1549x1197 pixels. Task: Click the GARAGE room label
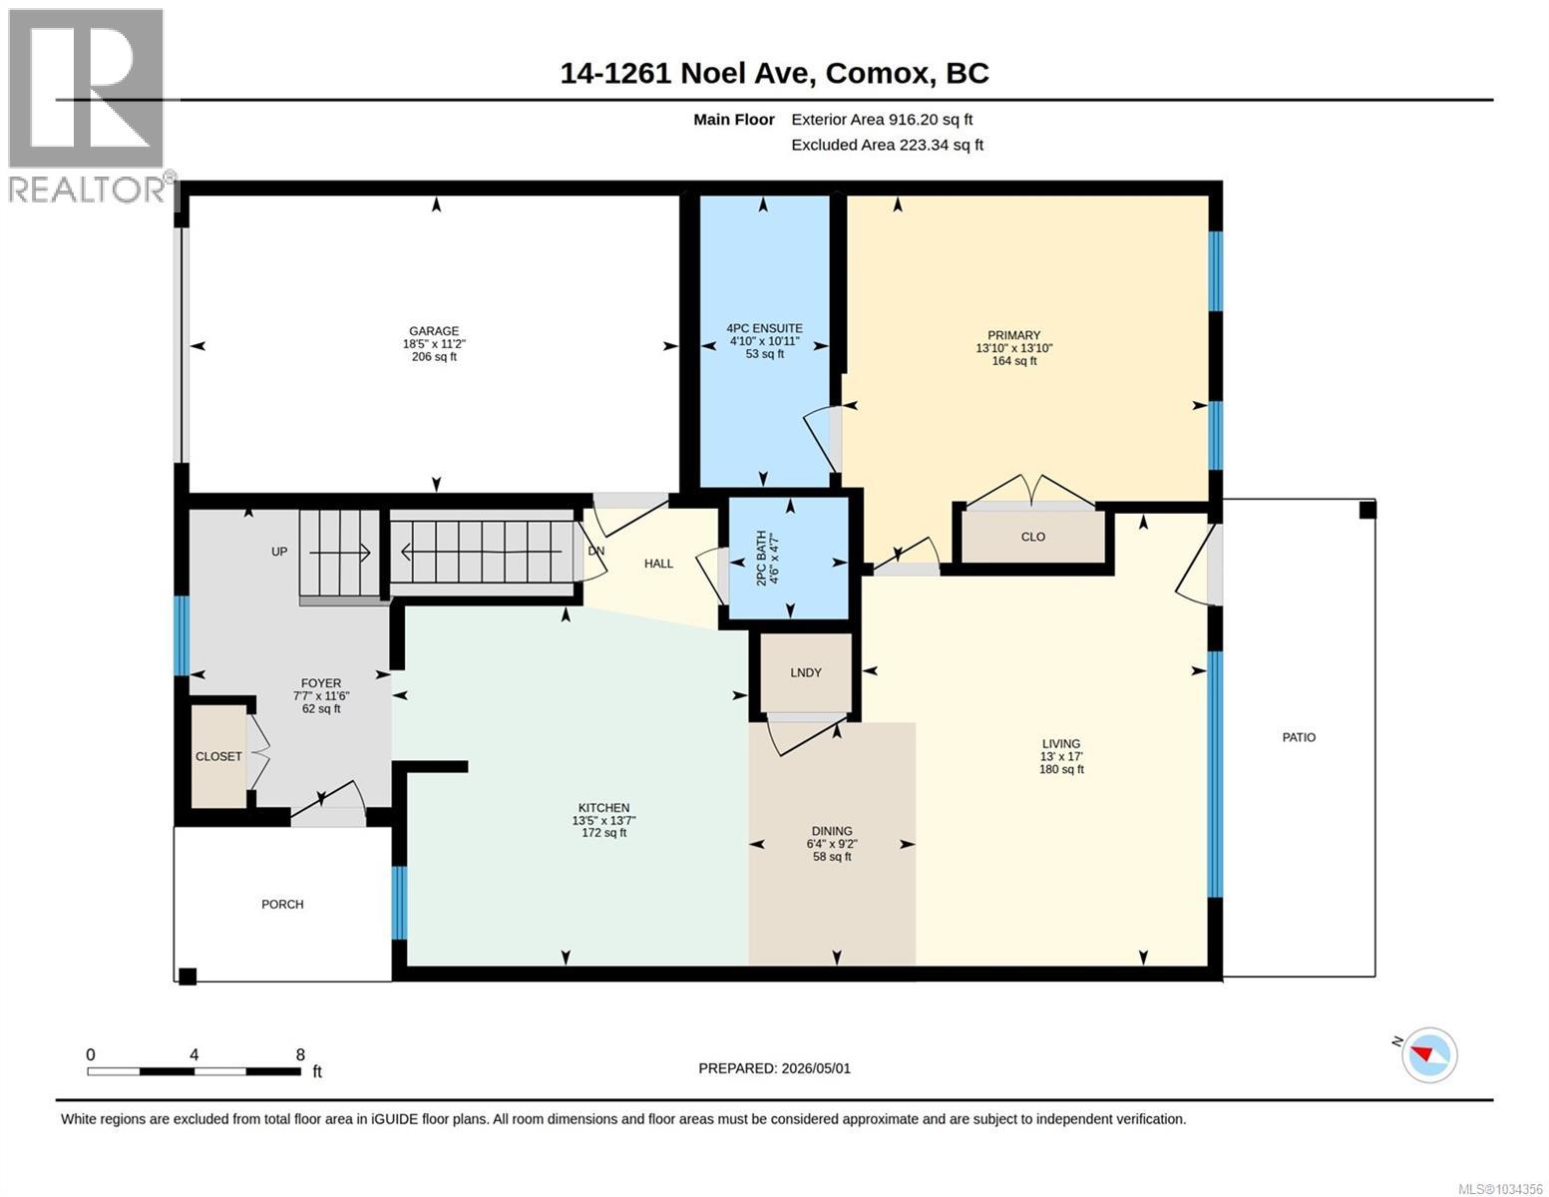(x=434, y=331)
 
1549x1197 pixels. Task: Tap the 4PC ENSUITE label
(x=764, y=328)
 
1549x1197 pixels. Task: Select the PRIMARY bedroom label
(x=1013, y=335)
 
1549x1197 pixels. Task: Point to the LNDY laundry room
(x=806, y=672)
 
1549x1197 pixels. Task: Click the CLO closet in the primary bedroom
(x=1033, y=537)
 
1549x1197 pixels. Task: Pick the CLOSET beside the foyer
(x=218, y=756)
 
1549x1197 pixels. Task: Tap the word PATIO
(x=1299, y=737)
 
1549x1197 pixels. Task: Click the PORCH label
(x=282, y=904)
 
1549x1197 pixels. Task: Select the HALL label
(x=658, y=564)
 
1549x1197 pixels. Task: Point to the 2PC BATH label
(x=761, y=559)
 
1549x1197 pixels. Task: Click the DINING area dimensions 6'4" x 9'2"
(x=831, y=844)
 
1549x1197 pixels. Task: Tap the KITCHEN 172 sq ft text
(x=603, y=832)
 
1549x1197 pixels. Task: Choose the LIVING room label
(x=1060, y=743)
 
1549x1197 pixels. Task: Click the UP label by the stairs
(x=278, y=551)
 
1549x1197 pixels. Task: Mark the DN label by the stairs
(x=595, y=551)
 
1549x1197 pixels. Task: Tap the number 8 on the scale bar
(x=300, y=1054)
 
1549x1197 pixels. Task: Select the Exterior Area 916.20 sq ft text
(x=882, y=120)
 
